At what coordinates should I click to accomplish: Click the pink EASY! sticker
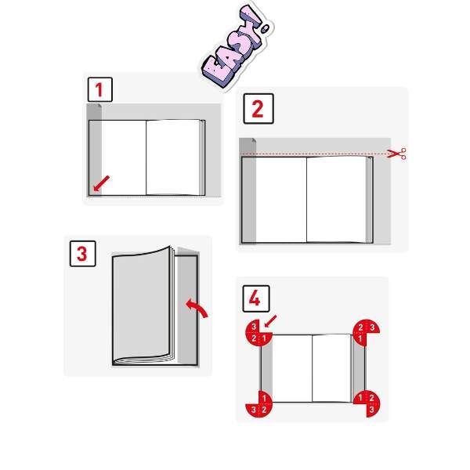[237, 48]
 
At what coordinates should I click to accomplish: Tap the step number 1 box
[100, 89]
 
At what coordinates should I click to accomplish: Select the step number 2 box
[258, 109]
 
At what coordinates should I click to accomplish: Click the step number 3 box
[83, 254]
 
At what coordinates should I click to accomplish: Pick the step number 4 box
[256, 298]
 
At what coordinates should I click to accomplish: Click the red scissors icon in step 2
[397, 154]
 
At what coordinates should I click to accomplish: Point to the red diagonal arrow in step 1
[101, 183]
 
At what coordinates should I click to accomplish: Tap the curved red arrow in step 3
[197, 308]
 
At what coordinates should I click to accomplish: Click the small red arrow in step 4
[270, 321]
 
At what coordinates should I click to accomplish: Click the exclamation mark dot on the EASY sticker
[266, 29]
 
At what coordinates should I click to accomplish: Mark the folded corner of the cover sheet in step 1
[99, 106]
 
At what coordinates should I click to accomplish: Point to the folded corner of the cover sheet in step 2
[254, 140]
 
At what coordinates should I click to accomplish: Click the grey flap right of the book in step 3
[187, 309]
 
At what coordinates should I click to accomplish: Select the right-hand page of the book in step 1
[172, 157]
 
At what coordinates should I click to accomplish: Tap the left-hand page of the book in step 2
[281, 200]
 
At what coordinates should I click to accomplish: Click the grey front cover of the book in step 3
[141, 305]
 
